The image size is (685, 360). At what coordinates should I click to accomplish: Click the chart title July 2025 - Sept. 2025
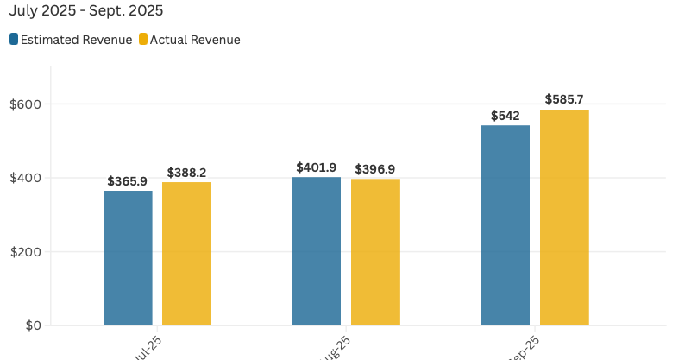(x=86, y=11)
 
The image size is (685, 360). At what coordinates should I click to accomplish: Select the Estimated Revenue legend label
(x=76, y=40)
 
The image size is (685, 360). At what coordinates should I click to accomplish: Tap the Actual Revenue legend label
(x=195, y=40)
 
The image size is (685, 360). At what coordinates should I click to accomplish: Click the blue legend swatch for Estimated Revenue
(x=14, y=40)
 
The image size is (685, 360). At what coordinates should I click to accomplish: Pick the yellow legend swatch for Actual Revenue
(x=143, y=40)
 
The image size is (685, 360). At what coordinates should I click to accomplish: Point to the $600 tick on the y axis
(x=26, y=104)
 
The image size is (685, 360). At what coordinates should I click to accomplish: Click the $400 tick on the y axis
(x=26, y=178)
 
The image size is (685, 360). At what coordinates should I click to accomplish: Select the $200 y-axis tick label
(x=26, y=252)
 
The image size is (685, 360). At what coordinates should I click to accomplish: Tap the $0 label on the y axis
(x=32, y=325)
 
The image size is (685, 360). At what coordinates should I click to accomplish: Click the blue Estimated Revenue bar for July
(x=128, y=258)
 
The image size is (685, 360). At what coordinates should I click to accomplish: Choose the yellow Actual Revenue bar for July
(x=186, y=254)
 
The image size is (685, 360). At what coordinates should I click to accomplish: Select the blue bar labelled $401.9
(x=316, y=251)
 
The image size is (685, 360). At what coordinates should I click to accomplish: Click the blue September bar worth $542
(x=505, y=225)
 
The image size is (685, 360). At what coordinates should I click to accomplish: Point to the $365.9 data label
(x=128, y=181)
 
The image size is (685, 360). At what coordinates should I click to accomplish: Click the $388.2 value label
(x=186, y=173)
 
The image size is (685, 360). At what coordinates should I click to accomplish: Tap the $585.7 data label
(x=564, y=100)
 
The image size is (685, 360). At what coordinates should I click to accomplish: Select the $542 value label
(x=505, y=116)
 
